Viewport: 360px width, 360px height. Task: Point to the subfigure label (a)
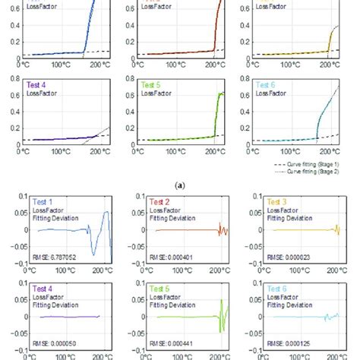(180, 184)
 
